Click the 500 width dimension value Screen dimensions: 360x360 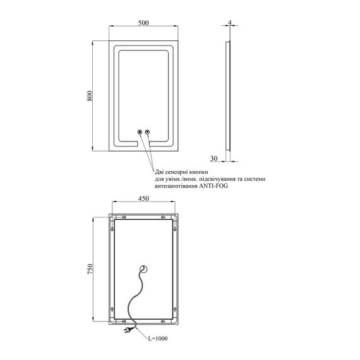pyautogui.click(x=143, y=23)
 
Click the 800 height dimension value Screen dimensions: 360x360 pyautogui.click(x=90, y=96)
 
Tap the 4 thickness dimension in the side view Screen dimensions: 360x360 pyautogui.click(x=230, y=22)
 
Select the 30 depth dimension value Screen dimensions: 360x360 pyautogui.click(x=213, y=158)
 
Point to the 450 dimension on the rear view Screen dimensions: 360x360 pyautogui.click(x=143, y=198)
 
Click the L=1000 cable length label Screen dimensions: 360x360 pyautogui.click(x=158, y=338)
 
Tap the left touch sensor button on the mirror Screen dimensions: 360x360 pyautogui.click(x=140, y=132)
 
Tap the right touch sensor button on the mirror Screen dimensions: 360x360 pyautogui.click(x=147, y=132)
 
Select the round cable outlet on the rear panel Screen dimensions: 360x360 pyautogui.click(x=143, y=269)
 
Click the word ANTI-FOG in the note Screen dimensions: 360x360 pyautogui.click(x=213, y=186)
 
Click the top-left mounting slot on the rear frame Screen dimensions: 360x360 pyautogui.click(x=124, y=217)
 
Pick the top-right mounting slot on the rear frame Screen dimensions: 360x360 pyautogui.click(x=164, y=217)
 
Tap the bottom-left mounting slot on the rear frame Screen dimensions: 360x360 pyautogui.click(x=124, y=321)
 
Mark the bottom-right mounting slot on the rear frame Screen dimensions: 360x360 pyautogui.click(x=164, y=321)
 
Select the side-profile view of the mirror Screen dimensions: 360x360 pyautogui.click(x=228, y=96)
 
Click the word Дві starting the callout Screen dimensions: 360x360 pyautogui.click(x=159, y=172)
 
